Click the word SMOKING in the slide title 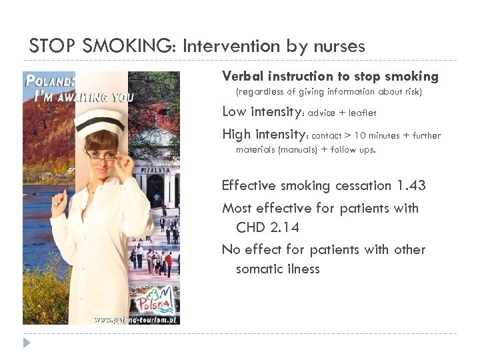(137, 46)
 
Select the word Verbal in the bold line (243, 76)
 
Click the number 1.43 (411, 185)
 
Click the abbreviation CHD (251, 227)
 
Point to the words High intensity (263, 135)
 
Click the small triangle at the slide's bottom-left (27, 343)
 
